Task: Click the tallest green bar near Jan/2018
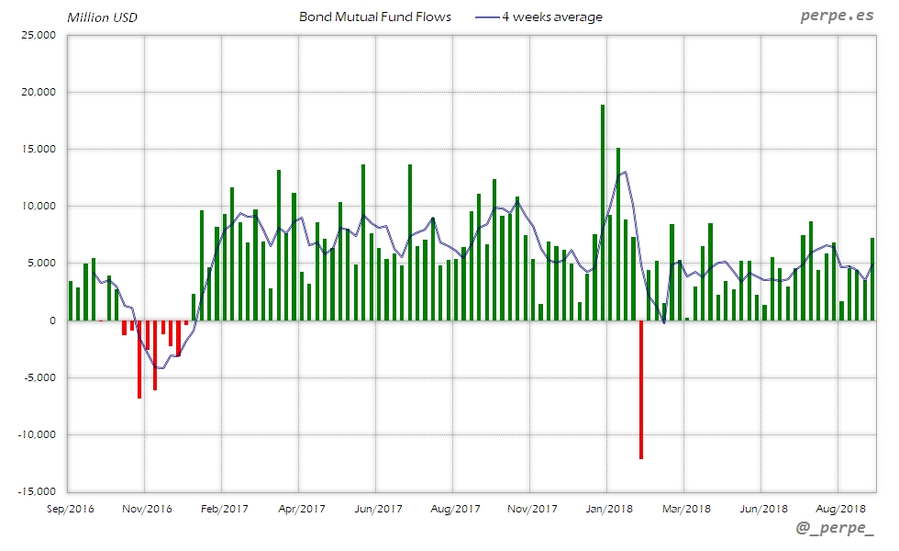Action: [x=603, y=212]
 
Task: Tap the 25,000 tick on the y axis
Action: [x=39, y=35]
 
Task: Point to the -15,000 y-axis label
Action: [x=37, y=491]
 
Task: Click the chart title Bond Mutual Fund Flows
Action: [x=375, y=17]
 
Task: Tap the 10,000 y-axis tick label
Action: [x=39, y=207]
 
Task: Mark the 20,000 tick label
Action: [x=39, y=92]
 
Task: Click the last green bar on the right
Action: [x=872, y=279]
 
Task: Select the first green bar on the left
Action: [x=71, y=301]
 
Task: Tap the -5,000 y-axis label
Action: [x=39, y=377]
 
